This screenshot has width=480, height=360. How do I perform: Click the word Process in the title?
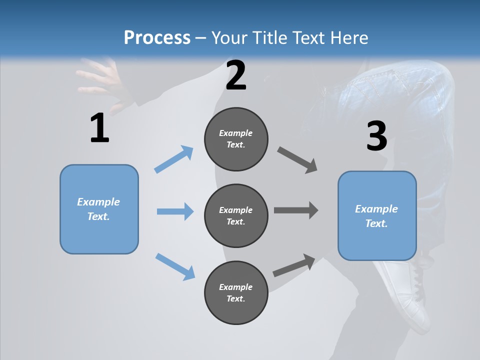pos(157,38)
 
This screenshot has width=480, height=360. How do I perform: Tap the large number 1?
pos(99,128)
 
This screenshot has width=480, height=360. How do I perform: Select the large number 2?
pos(236,76)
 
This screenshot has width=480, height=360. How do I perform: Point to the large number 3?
pos(376,136)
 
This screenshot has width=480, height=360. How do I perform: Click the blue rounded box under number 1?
pos(99,209)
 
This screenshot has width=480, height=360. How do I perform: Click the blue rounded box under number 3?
pos(377,216)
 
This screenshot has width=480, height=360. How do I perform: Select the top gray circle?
pos(236,139)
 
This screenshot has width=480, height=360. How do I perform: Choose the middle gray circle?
pos(236,216)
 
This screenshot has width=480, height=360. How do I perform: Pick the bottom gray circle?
pos(236,293)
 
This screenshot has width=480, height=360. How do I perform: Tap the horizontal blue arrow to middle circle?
pos(175,211)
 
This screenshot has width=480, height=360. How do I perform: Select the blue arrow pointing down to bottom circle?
pos(175,266)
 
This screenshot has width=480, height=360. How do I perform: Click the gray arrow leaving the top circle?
pos(297,160)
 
